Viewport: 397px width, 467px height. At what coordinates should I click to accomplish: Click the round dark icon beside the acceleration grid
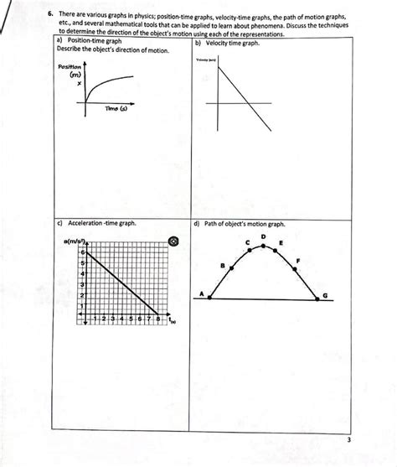(x=173, y=241)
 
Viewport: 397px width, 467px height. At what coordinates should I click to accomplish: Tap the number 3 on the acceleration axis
(x=82, y=284)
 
